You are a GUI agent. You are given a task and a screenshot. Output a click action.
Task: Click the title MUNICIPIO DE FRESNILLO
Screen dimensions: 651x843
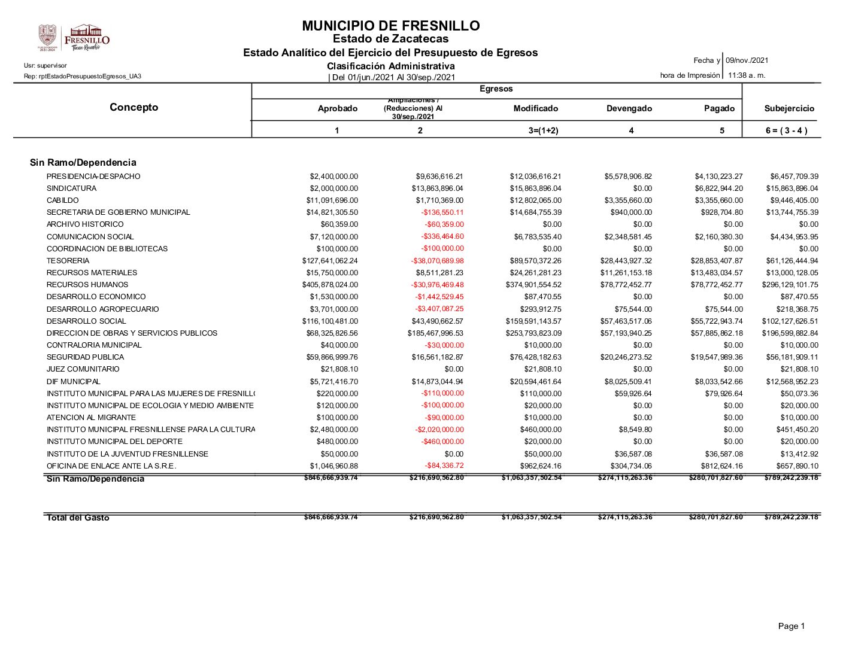click(390, 26)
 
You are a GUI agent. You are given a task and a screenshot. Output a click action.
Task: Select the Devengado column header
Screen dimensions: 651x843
click(629, 108)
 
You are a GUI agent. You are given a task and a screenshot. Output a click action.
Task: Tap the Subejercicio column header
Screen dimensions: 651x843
click(789, 108)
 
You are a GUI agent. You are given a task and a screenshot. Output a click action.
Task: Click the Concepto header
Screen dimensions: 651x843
click(134, 107)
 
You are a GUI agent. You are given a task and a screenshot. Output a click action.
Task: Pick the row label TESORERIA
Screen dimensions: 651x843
click(68, 261)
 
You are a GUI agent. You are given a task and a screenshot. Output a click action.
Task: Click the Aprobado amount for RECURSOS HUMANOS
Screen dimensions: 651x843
click(330, 285)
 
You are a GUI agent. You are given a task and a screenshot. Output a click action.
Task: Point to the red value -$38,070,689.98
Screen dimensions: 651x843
click(437, 261)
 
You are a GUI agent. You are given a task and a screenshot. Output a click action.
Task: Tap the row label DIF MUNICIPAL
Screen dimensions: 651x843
click(73, 382)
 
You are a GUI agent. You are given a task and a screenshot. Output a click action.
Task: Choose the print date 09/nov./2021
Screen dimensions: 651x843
click(747, 60)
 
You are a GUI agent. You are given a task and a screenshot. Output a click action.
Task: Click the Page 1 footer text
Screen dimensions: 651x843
click(791, 626)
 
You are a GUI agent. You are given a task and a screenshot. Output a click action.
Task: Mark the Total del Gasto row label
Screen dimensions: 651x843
click(78, 518)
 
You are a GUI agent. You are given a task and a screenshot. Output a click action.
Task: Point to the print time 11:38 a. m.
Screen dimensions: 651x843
click(747, 75)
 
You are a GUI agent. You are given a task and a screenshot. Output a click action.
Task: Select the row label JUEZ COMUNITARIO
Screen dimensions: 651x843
click(83, 369)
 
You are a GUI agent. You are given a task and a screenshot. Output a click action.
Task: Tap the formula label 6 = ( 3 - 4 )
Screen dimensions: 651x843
click(786, 130)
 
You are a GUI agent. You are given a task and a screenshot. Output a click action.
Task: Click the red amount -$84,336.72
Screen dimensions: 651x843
click(444, 466)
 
